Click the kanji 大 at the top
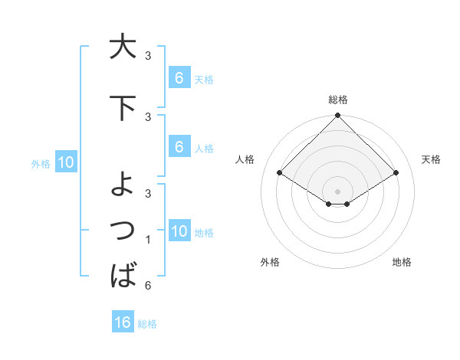pos(122,46)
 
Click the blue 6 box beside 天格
pos(179,77)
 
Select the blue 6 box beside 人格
pos(179,147)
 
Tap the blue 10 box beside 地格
pos(179,231)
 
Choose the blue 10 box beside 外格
pos(65,162)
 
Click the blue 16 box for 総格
pos(123,322)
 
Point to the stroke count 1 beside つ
pos(147,241)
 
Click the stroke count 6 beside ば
pos(147,286)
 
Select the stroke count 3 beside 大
pos(147,56)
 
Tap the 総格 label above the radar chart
pos(338,100)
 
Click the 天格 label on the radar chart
pos(431,159)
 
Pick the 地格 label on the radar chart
pos(402,262)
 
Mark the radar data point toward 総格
pos(338,116)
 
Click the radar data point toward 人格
pos(280,173)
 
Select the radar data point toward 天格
pos(396,173)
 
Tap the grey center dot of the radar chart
pos(338,191)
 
